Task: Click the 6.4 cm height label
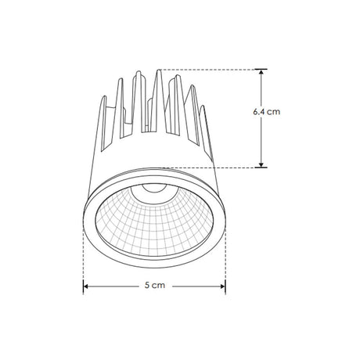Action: point(266,112)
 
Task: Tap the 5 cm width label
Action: point(154,286)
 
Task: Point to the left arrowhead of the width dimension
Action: point(87,286)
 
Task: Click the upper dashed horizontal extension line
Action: point(211,69)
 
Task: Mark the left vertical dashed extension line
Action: point(83,250)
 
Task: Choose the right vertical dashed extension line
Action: point(225,250)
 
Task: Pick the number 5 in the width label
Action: point(147,286)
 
